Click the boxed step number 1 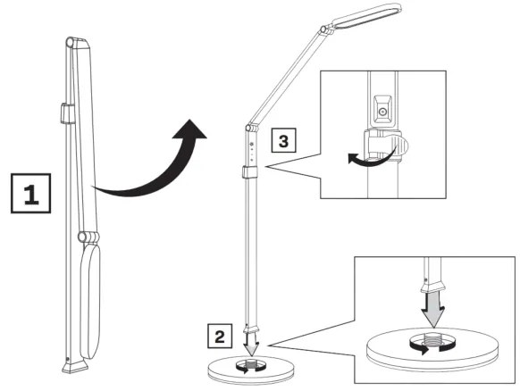29,195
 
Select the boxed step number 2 220,337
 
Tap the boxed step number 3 281,141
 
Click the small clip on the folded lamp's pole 65,112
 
